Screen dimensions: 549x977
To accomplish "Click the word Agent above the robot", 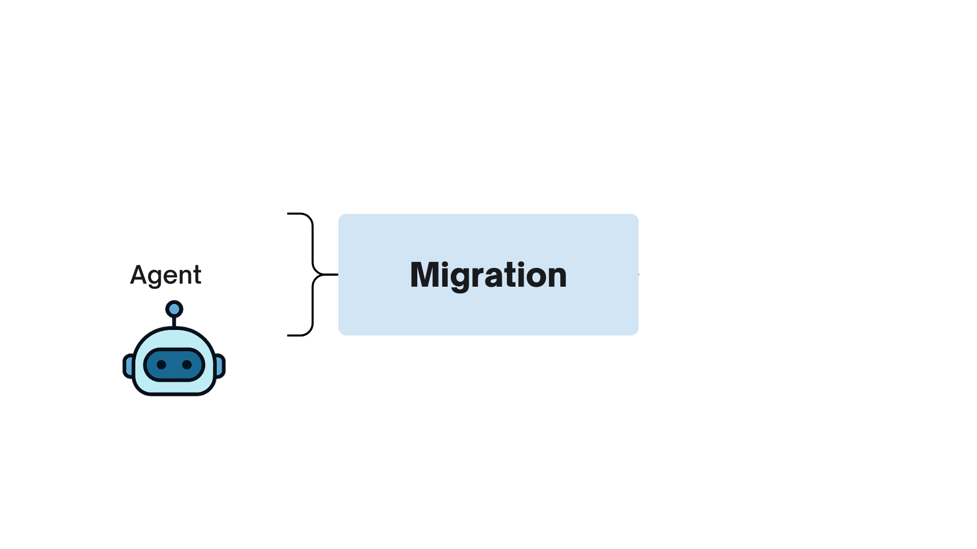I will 166,275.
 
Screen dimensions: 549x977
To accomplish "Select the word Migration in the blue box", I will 488,275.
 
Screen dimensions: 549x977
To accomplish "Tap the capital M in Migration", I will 424,275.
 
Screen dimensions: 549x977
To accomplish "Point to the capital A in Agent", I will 139,275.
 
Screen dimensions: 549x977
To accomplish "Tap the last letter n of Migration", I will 558,277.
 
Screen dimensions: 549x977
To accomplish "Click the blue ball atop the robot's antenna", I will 174,309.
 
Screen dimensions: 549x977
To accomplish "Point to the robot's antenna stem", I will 174,322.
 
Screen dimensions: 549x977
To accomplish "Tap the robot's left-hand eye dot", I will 161,364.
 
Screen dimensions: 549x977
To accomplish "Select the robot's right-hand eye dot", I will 187,364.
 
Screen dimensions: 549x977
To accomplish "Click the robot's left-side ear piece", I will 129,366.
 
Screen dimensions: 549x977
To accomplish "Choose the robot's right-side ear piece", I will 220,366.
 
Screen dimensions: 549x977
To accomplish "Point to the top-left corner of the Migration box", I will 340,216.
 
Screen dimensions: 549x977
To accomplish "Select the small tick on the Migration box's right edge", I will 639,274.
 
